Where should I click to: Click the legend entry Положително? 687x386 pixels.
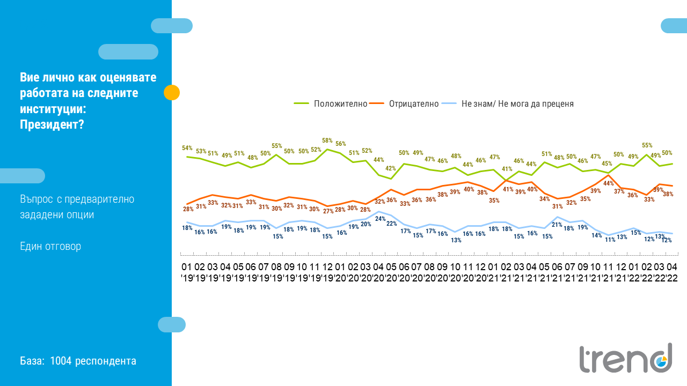pos(340,104)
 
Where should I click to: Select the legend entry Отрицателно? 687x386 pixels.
pos(414,104)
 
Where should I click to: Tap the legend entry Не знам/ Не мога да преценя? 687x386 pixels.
pos(517,104)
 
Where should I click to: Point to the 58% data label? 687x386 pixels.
pos(327,140)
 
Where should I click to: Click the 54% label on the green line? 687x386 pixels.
pos(187,148)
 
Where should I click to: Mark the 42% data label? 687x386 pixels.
pos(390,168)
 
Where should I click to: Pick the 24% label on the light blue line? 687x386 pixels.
pos(380,219)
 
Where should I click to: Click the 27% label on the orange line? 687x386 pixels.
pos(328,211)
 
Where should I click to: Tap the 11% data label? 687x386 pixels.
pos(610,240)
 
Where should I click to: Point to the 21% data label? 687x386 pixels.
pos(557,225)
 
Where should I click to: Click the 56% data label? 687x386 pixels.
pos(341,144)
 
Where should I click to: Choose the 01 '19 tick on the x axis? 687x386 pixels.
pos(187,272)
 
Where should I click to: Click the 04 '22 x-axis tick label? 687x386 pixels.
pos(671,272)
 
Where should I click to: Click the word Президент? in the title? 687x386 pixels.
pos(52,124)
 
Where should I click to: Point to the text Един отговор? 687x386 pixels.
pos(50,247)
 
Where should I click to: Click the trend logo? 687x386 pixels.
pos(625,358)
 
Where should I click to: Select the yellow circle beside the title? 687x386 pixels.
pos(172,93)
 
